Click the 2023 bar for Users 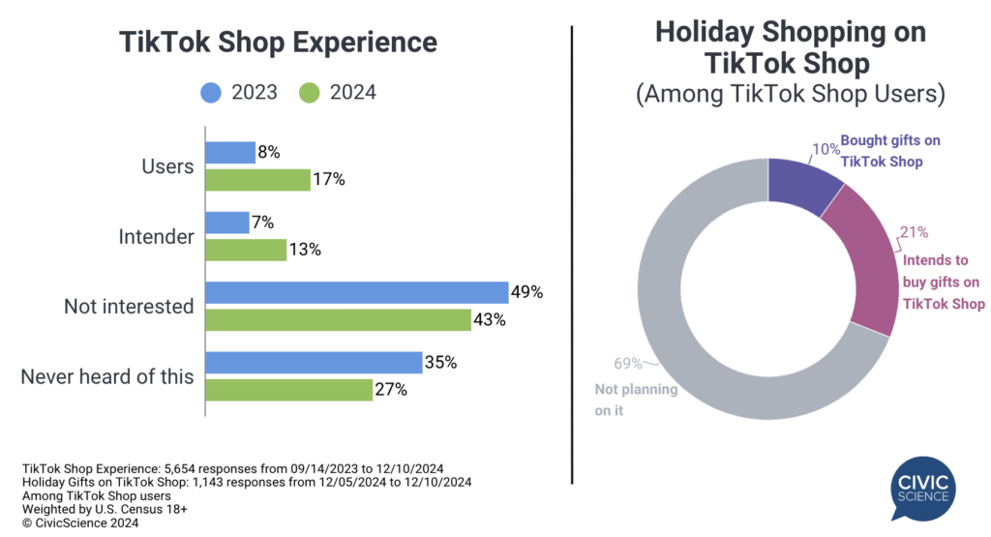click(230, 153)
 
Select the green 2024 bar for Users click(257, 180)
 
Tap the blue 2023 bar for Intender click(227, 223)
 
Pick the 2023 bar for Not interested click(357, 293)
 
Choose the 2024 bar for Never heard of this click(289, 390)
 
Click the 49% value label click(528, 292)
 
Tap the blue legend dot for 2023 click(212, 93)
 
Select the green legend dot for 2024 click(309, 93)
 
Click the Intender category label click(157, 236)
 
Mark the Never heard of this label click(107, 376)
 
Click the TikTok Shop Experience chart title click(278, 43)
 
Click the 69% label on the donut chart click(629, 364)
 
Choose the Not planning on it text click(622, 400)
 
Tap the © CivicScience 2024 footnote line click(79, 523)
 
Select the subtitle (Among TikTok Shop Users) click(790, 95)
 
